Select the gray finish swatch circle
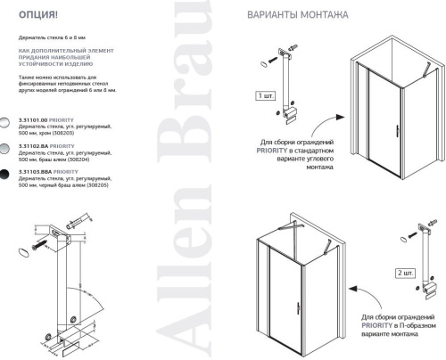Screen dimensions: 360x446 (x=7, y=148)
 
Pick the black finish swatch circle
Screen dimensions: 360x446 (x=7, y=173)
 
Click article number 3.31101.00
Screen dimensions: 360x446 (x=33, y=119)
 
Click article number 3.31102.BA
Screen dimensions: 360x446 (x=33, y=144)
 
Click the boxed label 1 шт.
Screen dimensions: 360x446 (x=266, y=95)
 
